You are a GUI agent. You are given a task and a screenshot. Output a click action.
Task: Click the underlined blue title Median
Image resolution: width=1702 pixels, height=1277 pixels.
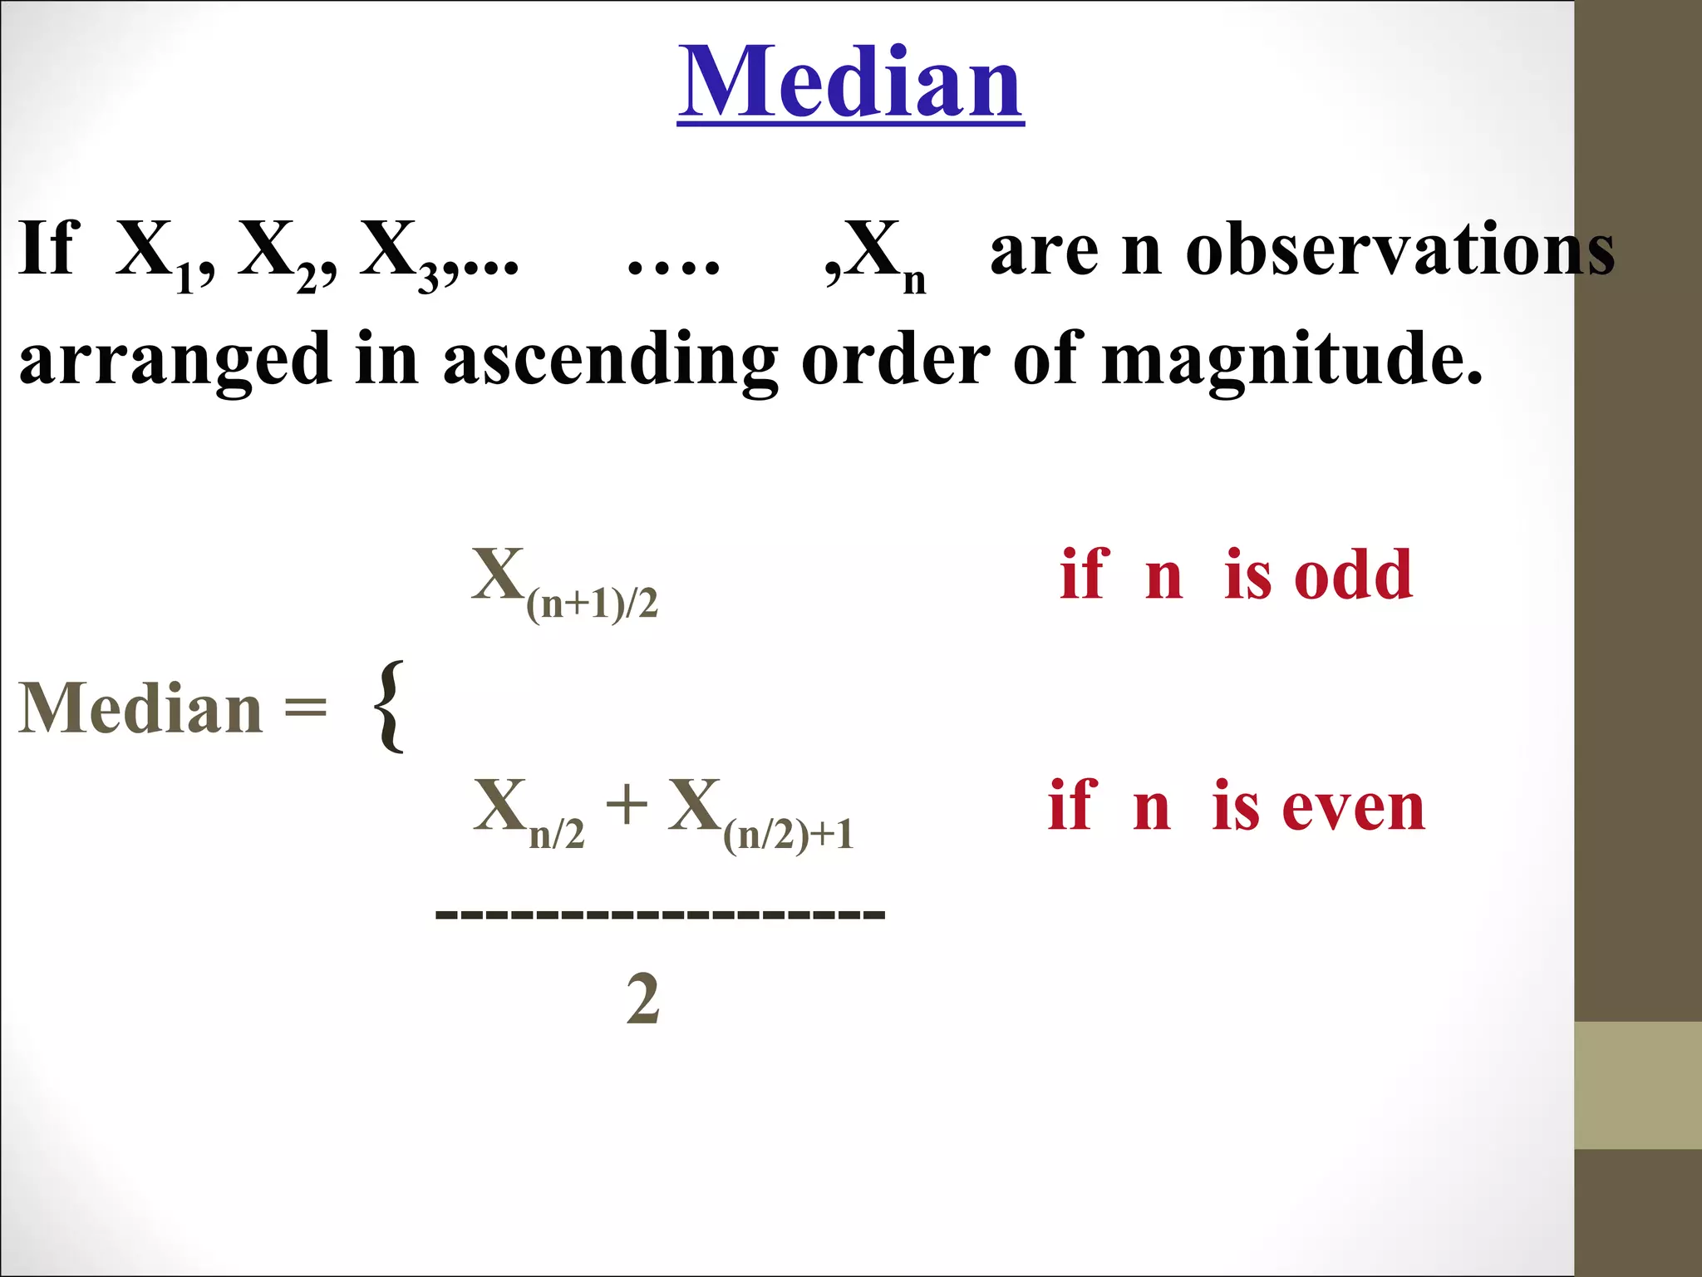point(850,82)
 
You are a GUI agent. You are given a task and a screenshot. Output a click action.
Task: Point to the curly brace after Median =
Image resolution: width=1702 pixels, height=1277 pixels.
point(390,707)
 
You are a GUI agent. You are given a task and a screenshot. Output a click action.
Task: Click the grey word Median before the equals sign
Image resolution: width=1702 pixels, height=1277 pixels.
point(141,708)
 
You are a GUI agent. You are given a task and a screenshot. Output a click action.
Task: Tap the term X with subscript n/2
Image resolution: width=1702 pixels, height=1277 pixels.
point(529,812)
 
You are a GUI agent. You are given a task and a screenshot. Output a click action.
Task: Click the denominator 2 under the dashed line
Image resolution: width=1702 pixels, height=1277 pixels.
point(642,999)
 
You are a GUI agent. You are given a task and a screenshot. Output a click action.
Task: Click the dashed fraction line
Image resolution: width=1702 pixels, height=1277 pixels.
point(660,915)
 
